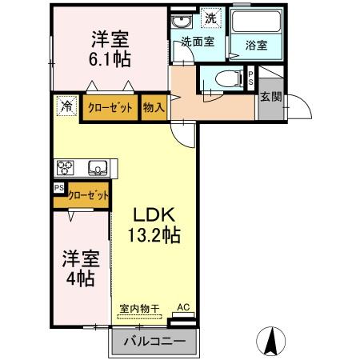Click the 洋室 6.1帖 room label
pyautogui.click(x=110, y=48)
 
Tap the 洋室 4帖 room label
pyautogui.click(x=80, y=269)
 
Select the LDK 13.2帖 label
pyautogui.click(x=154, y=225)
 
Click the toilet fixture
pyautogui.click(x=226, y=79)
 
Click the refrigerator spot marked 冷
pyautogui.click(x=65, y=106)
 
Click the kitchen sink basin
pyautogui.click(x=98, y=168)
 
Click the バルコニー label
pyautogui.click(x=154, y=342)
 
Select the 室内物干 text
pyautogui.click(x=140, y=308)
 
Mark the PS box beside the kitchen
pyautogui.click(x=58, y=188)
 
